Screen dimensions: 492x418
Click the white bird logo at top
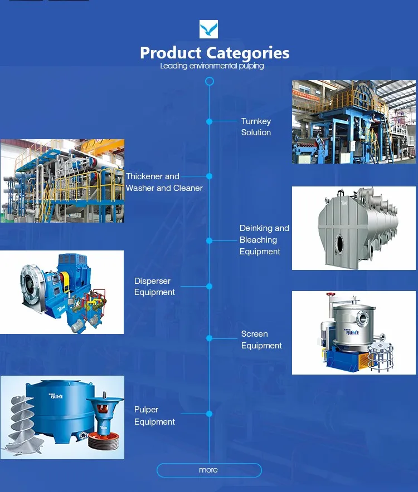208,29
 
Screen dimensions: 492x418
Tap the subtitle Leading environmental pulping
212,66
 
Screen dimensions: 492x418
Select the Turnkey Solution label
256,127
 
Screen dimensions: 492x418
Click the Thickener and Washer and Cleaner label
164,182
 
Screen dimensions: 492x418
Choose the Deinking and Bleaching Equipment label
264,240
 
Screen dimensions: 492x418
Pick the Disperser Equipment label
154,287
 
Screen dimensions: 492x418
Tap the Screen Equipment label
261,340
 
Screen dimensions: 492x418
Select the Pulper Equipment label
154,416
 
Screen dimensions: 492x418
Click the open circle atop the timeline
210,81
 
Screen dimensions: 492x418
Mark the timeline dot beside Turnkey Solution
210,121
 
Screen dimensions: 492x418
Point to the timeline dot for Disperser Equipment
210,286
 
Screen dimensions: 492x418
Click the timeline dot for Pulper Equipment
210,414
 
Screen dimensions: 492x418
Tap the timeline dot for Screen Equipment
210,338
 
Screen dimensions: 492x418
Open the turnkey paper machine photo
354,122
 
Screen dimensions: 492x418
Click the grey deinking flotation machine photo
354,228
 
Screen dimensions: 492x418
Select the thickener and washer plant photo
62,181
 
